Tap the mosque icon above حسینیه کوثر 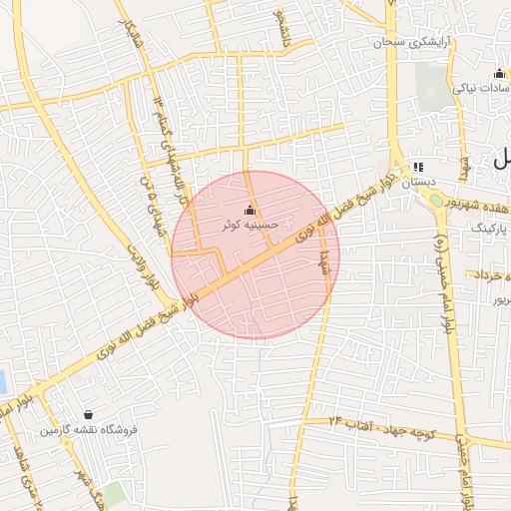(250, 212)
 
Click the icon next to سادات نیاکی (498, 73)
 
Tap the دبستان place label (418, 183)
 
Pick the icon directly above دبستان (417, 167)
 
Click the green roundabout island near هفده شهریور (437, 200)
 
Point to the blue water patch (2, 380)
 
